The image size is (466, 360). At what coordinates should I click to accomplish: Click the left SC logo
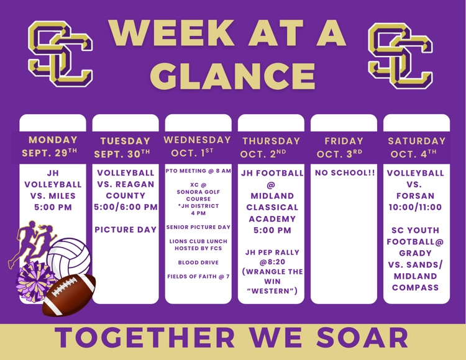click(x=60, y=54)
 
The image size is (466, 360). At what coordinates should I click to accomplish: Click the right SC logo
click(x=401, y=55)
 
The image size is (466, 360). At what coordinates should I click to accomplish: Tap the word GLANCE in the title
click(x=233, y=76)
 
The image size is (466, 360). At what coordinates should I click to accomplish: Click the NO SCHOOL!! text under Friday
click(x=345, y=173)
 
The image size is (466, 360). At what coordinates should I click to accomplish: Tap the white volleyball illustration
click(x=68, y=258)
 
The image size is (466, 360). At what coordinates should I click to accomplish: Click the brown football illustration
click(x=69, y=295)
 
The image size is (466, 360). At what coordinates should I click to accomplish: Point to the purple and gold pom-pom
click(x=35, y=281)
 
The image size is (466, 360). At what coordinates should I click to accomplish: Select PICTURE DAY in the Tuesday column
click(x=126, y=230)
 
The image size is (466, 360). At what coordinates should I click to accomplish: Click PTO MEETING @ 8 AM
click(x=198, y=171)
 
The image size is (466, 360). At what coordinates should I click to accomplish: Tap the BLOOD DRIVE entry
click(x=198, y=263)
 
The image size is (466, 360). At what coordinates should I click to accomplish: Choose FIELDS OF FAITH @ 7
click(x=198, y=277)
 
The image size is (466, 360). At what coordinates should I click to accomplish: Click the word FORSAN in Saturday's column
click(x=415, y=196)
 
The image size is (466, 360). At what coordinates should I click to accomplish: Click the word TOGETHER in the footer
click(x=145, y=338)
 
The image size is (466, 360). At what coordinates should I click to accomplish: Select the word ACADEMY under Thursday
click(x=272, y=218)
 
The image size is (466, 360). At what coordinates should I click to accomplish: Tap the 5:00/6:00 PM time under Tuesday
click(x=126, y=207)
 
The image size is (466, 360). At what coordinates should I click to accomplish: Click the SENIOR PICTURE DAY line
click(x=198, y=227)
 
